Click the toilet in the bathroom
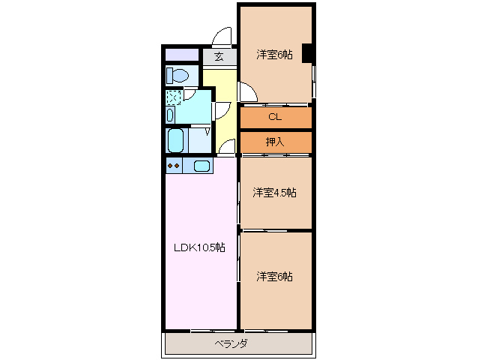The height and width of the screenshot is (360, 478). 177,75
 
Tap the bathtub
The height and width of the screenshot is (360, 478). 176,140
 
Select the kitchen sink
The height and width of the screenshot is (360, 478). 202,166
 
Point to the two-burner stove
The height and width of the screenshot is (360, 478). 173,166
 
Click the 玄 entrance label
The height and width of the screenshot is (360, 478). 219,56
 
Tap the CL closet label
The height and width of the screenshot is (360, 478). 275,117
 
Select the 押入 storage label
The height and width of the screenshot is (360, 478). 275,141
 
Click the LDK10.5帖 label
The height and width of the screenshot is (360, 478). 199,248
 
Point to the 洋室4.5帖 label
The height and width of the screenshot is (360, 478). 274,193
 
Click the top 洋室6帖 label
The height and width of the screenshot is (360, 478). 275,54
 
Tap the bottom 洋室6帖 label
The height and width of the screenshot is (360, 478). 274,277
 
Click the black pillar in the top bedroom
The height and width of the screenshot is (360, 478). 307,54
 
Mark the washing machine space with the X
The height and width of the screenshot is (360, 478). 173,97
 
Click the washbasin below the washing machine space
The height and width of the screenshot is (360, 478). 170,115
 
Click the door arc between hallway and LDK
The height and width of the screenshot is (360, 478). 228,145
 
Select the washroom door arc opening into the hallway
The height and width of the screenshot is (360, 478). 222,109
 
